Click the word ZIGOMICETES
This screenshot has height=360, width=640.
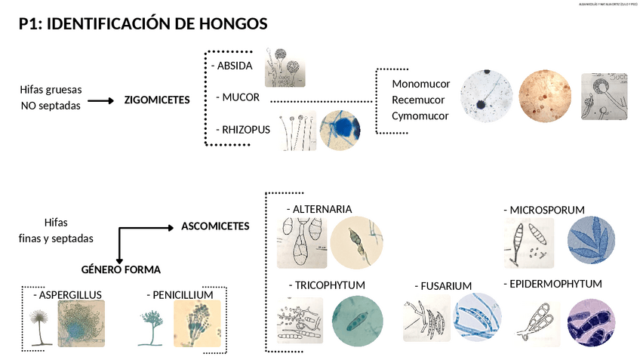157,100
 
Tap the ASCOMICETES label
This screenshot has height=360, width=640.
215,226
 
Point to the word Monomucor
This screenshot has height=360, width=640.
421,84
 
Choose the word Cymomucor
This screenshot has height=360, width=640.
420,115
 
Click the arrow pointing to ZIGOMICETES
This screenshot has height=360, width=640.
99,100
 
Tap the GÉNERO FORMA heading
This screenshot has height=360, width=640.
121,269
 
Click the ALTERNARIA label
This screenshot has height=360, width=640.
322,209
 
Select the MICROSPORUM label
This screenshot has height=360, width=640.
546,209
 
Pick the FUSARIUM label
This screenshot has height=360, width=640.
445,286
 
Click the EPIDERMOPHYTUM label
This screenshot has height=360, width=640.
554,284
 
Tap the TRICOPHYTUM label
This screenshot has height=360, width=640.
330,285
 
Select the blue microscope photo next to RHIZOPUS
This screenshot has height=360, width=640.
340,130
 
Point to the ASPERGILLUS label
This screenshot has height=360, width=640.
70,294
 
